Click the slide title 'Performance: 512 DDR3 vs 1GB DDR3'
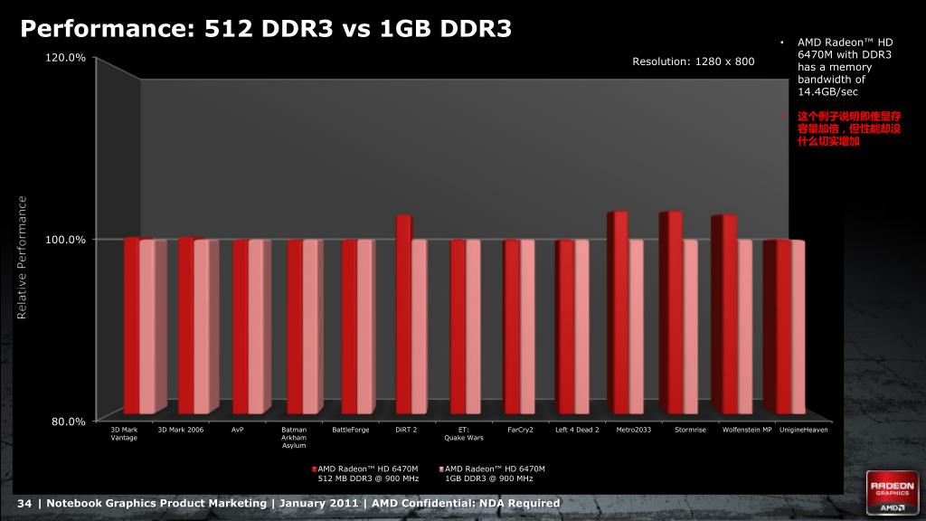click(x=266, y=29)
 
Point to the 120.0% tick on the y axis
click(x=65, y=58)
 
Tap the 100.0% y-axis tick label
click(x=65, y=239)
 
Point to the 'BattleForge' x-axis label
click(x=351, y=430)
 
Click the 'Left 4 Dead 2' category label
click(x=577, y=430)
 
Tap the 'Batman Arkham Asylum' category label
click(x=295, y=438)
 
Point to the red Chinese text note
click(x=848, y=129)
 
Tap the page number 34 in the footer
click(x=24, y=503)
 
